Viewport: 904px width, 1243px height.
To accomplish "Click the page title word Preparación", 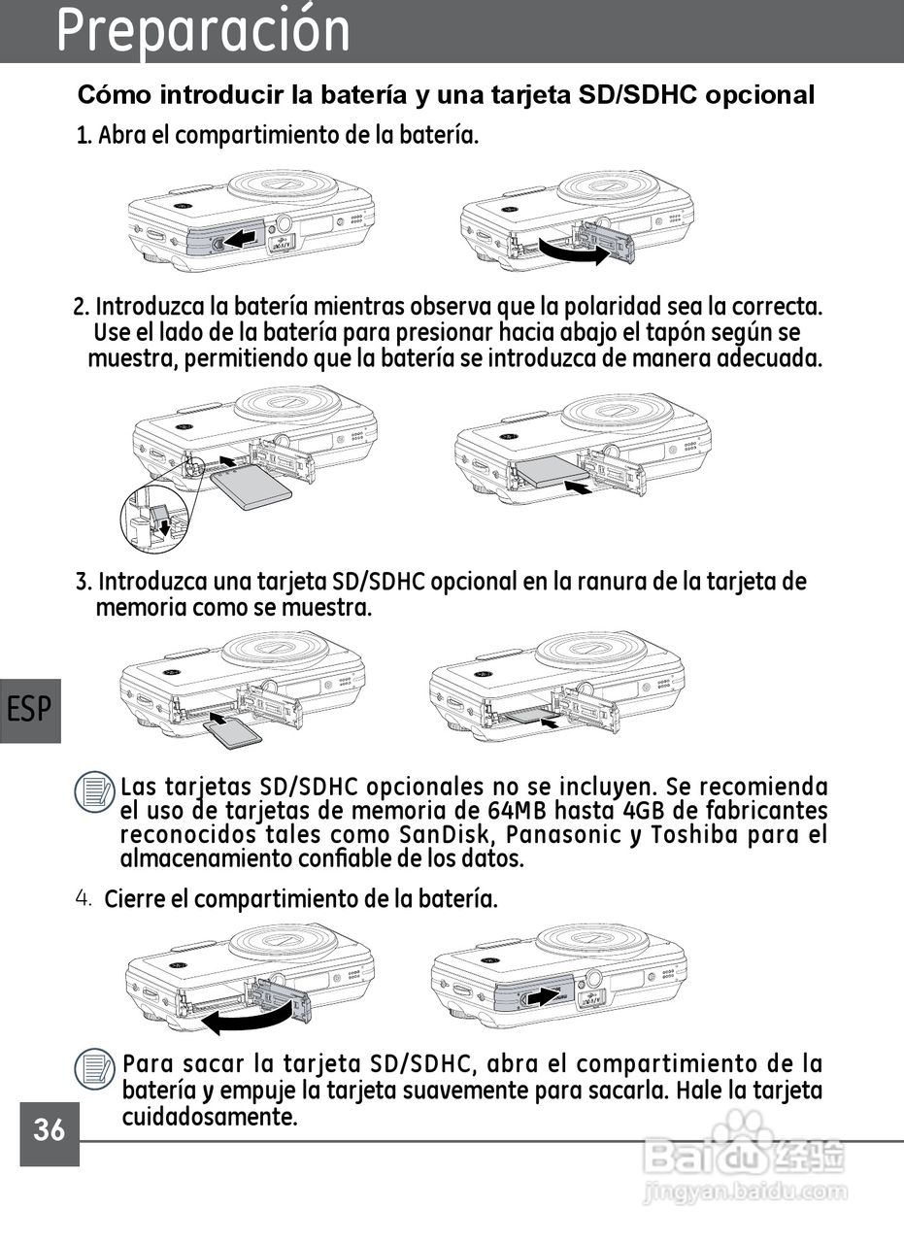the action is click(204, 31).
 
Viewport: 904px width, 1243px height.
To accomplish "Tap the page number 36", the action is click(50, 1129).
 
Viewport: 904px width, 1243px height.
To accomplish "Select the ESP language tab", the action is click(30, 709).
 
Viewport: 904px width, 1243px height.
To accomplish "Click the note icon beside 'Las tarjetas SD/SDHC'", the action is click(94, 791).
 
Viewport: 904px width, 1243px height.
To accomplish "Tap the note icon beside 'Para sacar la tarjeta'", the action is click(94, 1068).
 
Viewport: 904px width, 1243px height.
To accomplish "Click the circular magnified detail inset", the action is click(154, 519).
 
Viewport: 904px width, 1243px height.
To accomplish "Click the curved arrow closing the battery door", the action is click(247, 1016).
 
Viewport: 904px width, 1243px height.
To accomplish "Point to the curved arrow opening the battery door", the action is click(576, 253).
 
